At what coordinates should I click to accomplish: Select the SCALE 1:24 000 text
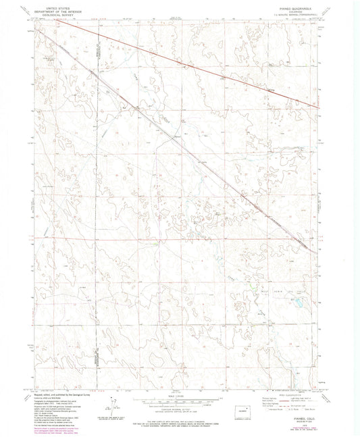tap(180, 396)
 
